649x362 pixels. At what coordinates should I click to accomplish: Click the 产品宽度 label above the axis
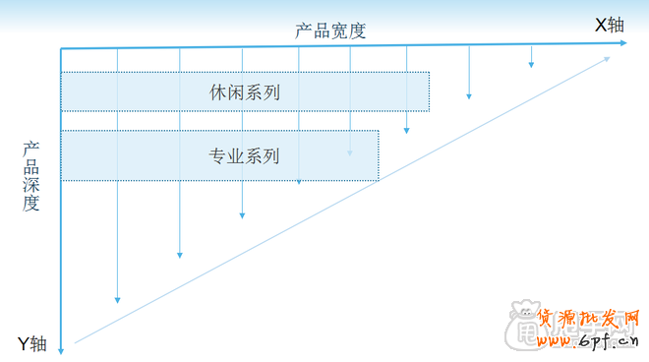point(329,30)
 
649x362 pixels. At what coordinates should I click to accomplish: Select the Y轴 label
point(31,343)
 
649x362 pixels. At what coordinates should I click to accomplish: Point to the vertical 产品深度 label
point(31,176)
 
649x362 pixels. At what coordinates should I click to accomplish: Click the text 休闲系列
point(245,93)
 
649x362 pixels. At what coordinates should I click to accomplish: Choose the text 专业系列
point(245,155)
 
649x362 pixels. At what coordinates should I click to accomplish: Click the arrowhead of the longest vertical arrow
point(117,299)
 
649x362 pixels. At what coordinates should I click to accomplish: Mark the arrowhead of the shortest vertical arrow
point(531,64)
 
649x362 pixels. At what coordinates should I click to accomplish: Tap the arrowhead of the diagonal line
point(607,58)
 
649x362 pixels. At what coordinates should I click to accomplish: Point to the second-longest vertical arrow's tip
point(179,255)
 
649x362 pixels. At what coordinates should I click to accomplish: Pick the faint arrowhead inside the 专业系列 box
point(350,153)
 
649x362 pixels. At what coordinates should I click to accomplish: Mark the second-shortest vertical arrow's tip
point(469,96)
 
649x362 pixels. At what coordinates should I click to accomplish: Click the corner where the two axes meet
point(62,48)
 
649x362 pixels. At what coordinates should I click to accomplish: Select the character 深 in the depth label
point(31,186)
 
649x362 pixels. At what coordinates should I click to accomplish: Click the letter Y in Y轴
point(24,343)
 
